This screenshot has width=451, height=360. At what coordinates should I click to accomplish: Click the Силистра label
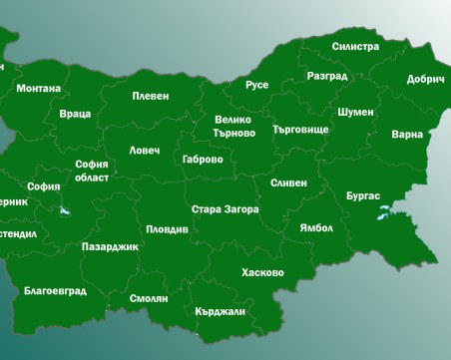pyautogui.click(x=355, y=46)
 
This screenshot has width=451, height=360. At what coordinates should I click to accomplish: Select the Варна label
pyautogui.click(x=407, y=133)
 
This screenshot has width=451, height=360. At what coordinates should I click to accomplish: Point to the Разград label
pyautogui.click(x=327, y=76)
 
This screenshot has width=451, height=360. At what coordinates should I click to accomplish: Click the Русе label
pyautogui.click(x=257, y=85)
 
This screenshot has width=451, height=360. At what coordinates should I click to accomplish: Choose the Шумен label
pyautogui.click(x=355, y=112)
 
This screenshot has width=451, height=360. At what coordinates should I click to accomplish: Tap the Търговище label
pyautogui.click(x=299, y=130)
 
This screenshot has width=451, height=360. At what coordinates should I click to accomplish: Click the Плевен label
pyautogui.click(x=151, y=96)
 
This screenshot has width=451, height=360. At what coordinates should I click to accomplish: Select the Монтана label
pyautogui.click(x=38, y=88)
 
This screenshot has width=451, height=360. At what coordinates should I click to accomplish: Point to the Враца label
pyautogui.click(x=75, y=114)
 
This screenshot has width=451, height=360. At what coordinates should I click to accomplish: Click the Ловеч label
pyautogui.click(x=144, y=151)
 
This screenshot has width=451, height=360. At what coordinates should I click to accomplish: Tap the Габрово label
pyautogui.click(x=203, y=159)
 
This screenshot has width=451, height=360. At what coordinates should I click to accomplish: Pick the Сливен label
pyautogui.click(x=288, y=183)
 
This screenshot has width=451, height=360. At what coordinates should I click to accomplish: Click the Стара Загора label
pyautogui.click(x=225, y=209)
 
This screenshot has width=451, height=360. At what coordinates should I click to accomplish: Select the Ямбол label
pyautogui.click(x=316, y=227)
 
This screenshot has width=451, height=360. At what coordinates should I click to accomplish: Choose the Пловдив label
pyautogui.click(x=167, y=228)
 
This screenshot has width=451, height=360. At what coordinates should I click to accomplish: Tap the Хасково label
pyautogui.click(x=262, y=272)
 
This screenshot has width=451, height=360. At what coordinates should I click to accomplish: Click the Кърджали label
pyautogui.click(x=221, y=310)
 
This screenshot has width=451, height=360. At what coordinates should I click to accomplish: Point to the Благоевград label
pyautogui.click(x=55, y=291)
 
